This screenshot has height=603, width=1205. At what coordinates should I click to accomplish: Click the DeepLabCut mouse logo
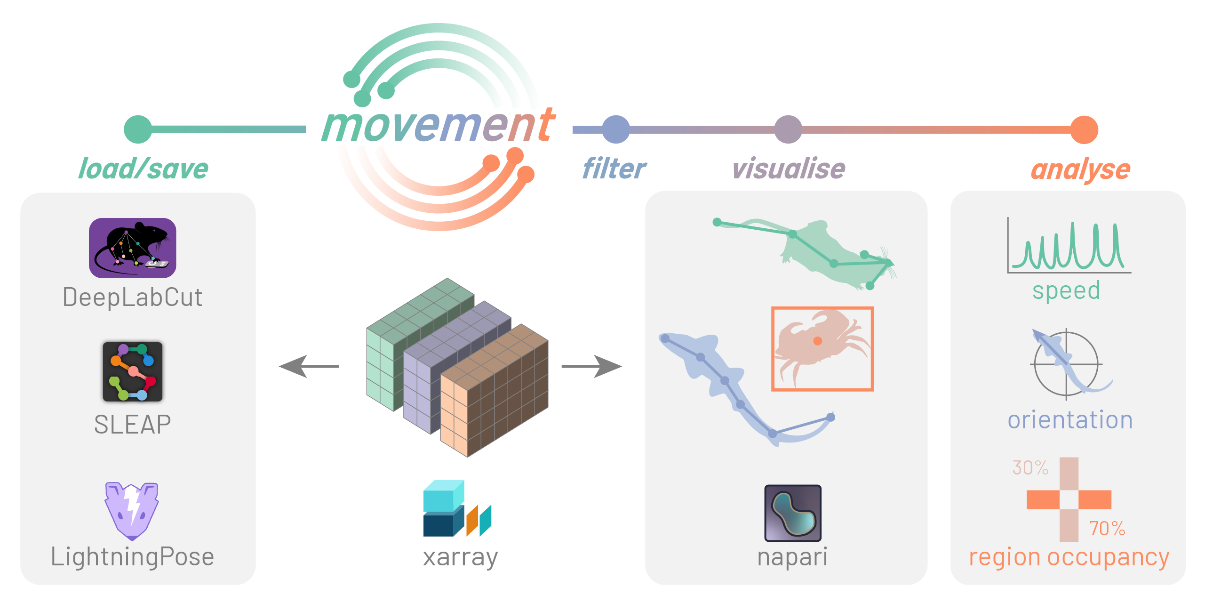pyautogui.click(x=132, y=248)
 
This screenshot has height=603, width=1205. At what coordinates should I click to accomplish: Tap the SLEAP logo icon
pyautogui.click(x=133, y=371)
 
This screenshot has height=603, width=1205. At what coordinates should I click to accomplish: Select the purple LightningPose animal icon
pyautogui.click(x=132, y=510)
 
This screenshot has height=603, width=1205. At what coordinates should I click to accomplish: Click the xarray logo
pyautogui.click(x=457, y=508)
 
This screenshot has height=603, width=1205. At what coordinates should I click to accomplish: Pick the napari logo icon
pyautogui.click(x=793, y=513)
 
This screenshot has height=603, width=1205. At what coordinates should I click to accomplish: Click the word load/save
pyautogui.click(x=143, y=169)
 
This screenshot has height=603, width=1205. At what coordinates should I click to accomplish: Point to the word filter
pyautogui.click(x=614, y=169)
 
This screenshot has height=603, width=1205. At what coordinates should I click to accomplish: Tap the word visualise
pyautogui.click(x=789, y=169)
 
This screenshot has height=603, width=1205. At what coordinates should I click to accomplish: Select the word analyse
pyautogui.click(x=1080, y=169)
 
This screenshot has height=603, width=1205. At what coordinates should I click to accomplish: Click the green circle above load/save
pyautogui.click(x=138, y=129)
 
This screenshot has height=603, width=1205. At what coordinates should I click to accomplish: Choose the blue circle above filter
pyautogui.click(x=616, y=129)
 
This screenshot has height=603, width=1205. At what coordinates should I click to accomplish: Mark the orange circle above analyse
pyautogui.click(x=1084, y=130)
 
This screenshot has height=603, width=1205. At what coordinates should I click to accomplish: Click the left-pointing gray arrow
pyautogui.click(x=309, y=366)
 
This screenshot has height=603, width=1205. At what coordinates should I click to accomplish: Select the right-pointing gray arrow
pyautogui.click(x=592, y=366)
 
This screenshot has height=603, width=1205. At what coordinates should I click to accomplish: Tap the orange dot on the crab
pyautogui.click(x=818, y=341)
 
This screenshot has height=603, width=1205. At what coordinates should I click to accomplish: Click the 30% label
pyautogui.click(x=1030, y=467)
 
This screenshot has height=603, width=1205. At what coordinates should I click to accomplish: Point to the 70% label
pyautogui.click(x=1107, y=528)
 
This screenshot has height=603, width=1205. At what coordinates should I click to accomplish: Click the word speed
pyautogui.click(x=1066, y=290)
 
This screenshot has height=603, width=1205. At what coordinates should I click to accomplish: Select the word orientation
pyautogui.click(x=1070, y=419)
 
